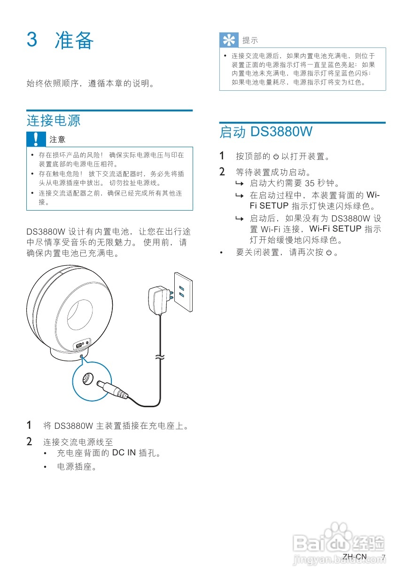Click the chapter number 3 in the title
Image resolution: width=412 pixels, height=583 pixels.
point(32,40)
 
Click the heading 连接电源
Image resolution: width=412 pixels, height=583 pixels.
point(54,120)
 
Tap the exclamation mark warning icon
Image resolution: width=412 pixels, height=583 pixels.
point(36,139)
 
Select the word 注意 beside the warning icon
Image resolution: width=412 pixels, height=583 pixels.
point(58,140)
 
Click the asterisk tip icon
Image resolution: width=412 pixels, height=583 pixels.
point(229,40)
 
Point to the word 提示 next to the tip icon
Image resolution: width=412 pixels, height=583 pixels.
point(250,41)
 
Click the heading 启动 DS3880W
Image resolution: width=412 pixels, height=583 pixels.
point(266,132)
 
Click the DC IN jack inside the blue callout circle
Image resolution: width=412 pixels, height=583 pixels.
point(87,379)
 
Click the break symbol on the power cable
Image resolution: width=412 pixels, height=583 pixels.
point(161,358)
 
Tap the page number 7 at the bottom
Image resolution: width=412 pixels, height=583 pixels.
point(383,557)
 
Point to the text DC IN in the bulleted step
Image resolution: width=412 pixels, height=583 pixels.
point(124,454)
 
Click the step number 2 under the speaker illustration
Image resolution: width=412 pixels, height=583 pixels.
point(29,442)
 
